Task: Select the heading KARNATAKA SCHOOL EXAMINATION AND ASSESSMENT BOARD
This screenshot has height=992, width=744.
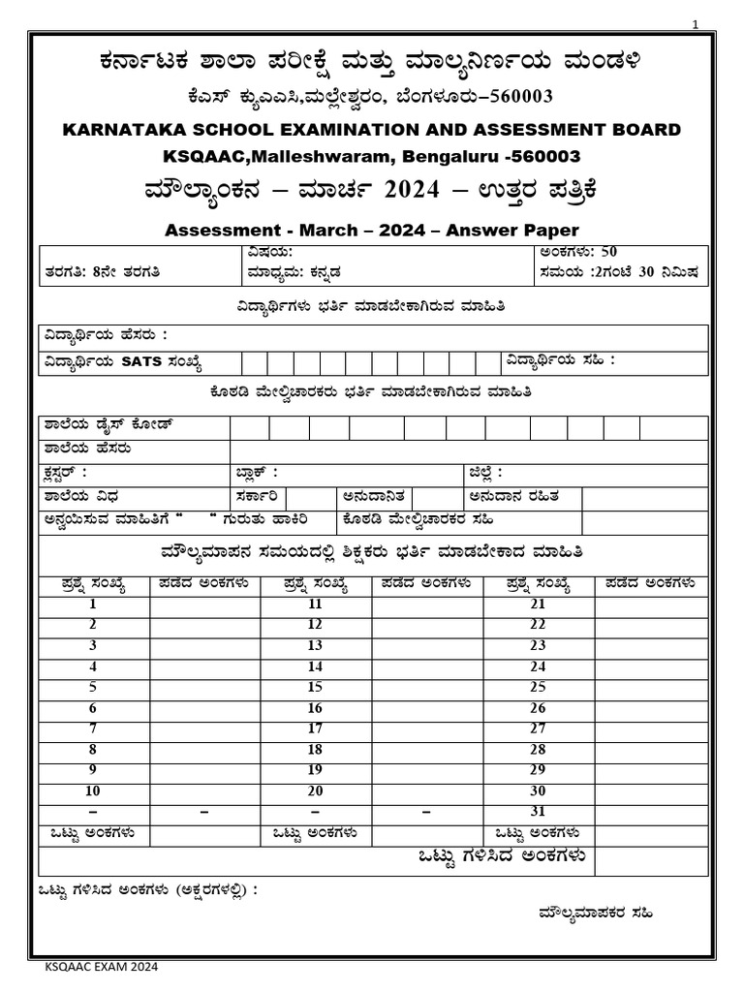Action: (x=372, y=130)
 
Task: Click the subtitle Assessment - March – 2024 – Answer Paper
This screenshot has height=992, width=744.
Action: (x=372, y=230)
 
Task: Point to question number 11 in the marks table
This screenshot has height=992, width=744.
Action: (x=315, y=604)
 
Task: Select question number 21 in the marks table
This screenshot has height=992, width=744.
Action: (x=539, y=604)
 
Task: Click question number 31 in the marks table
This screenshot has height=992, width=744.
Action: (x=539, y=811)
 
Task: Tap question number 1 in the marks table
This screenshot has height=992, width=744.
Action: (x=93, y=604)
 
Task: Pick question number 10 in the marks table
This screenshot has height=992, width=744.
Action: (x=93, y=790)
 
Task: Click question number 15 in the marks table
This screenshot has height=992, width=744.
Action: (x=315, y=687)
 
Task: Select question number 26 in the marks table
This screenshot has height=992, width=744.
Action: (x=539, y=707)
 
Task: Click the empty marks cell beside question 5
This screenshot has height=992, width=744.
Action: (x=205, y=687)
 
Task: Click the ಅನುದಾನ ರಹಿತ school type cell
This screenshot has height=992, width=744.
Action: (x=523, y=497)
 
